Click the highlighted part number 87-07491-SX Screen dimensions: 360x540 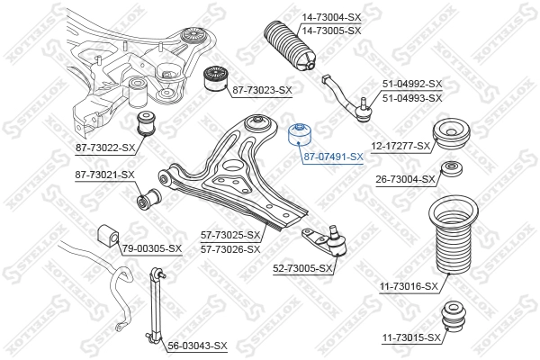pos(333,156)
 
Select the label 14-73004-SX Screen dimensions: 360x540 pos(331,17)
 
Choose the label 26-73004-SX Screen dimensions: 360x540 pos(405,178)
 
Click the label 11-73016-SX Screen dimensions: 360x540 pos(409,286)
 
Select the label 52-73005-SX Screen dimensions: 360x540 pos(302,267)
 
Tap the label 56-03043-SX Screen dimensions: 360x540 pos(197,346)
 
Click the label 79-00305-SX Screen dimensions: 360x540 pos(151,248)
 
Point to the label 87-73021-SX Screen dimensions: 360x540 pos(104,175)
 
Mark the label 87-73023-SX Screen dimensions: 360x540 pos(262,90)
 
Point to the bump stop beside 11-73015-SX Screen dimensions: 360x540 pos(454,319)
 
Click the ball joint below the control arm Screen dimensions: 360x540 pos(332,242)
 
